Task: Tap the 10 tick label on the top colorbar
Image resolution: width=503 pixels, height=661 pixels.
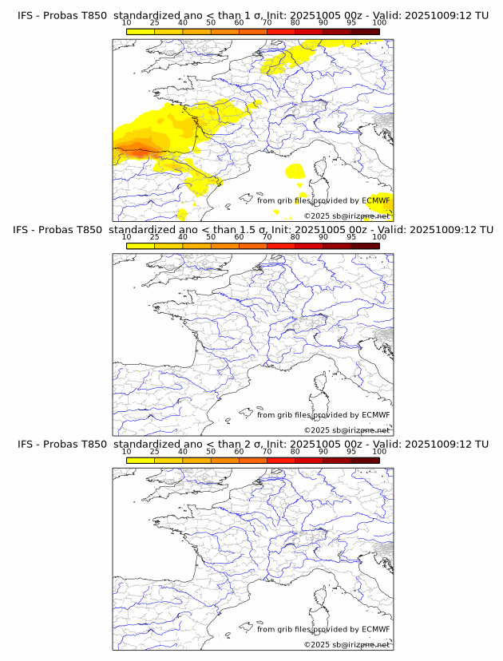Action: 127,23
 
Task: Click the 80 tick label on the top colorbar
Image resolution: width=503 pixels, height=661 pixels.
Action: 295,23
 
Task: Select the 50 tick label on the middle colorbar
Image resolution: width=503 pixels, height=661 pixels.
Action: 211,237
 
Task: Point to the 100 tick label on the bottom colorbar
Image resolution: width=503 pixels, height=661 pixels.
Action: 379,452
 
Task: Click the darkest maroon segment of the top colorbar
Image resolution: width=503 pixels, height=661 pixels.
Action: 365,32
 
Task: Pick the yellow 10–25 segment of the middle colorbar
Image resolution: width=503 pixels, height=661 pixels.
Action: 141,247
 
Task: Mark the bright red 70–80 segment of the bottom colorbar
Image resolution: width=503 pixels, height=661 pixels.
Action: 281,461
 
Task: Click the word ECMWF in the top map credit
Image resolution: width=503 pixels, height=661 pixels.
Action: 375,200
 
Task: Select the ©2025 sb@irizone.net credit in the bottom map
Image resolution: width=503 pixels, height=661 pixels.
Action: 347,644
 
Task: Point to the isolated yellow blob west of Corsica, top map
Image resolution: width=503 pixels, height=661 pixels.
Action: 295,170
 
